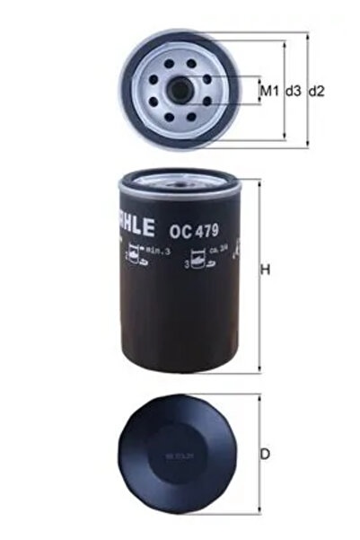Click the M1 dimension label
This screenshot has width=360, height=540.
(267, 92)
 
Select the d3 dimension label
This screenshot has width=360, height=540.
(293, 92)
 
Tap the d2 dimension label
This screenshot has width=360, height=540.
(316, 92)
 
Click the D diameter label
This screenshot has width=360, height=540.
(266, 455)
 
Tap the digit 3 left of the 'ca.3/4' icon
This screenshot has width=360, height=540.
(187, 265)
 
